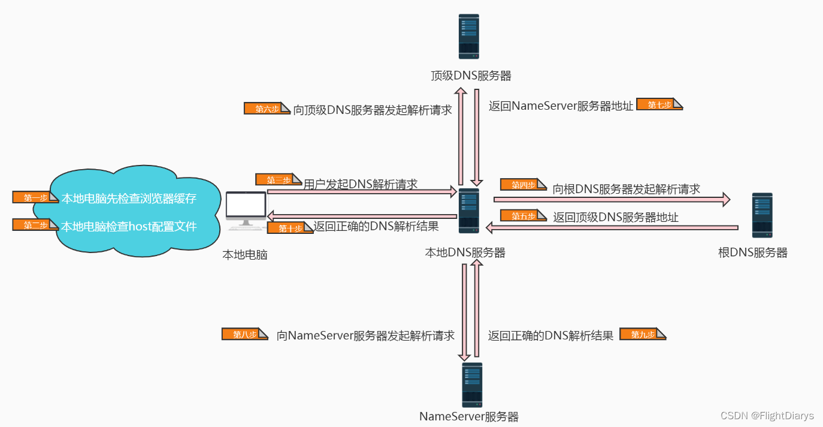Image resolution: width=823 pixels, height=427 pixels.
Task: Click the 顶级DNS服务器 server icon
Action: click(468, 37)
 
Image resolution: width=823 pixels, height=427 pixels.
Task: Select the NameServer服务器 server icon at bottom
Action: click(472, 384)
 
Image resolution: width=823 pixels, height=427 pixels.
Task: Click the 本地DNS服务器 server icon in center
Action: click(468, 211)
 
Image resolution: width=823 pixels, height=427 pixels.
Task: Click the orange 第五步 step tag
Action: click(524, 216)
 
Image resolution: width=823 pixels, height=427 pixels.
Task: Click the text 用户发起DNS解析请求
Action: click(361, 184)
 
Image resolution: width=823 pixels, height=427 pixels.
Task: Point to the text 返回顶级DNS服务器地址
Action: click(616, 217)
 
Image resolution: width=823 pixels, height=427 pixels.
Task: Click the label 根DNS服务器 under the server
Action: click(753, 252)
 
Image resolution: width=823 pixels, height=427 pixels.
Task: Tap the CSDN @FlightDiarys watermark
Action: click(767, 416)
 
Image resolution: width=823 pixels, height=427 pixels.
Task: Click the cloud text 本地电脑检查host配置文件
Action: click(129, 226)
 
